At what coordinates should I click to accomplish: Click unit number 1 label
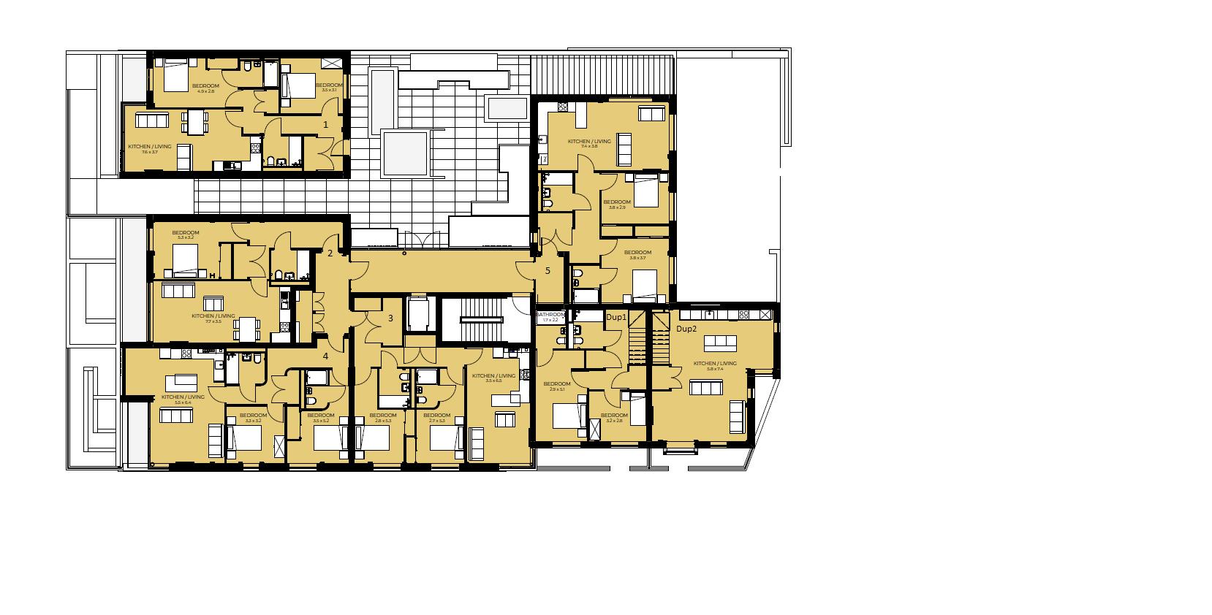[326, 125]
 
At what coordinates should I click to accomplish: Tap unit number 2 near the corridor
[330, 253]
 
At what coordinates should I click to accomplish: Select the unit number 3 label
[390, 318]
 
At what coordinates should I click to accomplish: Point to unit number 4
[326, 356]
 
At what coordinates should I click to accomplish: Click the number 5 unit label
[548, 271]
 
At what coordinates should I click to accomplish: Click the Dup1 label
[616, 318]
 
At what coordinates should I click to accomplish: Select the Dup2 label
[686, 329]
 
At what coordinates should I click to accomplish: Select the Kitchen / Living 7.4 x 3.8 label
[589, 144]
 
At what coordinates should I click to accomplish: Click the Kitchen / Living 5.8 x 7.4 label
[715, 366]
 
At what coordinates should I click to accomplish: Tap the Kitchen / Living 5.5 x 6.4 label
[176, 400]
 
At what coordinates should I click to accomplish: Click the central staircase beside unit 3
[482, 319]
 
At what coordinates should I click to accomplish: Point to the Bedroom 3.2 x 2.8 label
[614, 418]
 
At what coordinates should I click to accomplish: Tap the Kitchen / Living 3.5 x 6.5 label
[493, 378]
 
